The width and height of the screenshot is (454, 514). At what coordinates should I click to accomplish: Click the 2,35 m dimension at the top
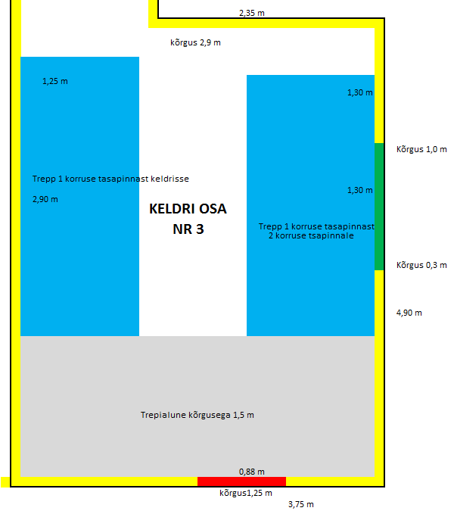(251, 13)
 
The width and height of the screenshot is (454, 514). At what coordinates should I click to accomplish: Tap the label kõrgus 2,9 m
(195, 42)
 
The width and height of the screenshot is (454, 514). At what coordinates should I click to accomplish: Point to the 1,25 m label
(55, 81)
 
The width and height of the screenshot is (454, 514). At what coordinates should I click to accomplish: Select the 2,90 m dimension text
(45, 199)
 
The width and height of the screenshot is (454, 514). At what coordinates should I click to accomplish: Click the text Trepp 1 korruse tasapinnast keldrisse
(110, 179)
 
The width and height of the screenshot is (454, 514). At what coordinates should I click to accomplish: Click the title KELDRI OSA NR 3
(188, 220)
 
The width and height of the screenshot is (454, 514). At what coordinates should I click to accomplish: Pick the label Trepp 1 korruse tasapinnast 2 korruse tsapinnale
(316, 231)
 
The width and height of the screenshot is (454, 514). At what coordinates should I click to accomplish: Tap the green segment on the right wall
(379, 206)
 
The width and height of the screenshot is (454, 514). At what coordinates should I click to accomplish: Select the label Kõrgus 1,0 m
(421, 149)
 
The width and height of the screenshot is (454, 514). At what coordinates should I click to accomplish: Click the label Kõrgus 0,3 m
(421, 265)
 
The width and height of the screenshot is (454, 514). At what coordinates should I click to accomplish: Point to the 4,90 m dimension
(409, 312)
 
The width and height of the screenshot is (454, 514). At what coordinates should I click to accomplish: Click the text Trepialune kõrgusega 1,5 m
(197, 415)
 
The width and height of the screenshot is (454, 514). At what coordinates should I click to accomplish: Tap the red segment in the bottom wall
(241, 481)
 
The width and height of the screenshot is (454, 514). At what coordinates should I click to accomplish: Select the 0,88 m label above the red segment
(252, 472)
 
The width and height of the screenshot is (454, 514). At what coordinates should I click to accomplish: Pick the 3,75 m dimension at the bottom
(300, 504)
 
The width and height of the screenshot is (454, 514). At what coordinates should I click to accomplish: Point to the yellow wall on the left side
(15, 265)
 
